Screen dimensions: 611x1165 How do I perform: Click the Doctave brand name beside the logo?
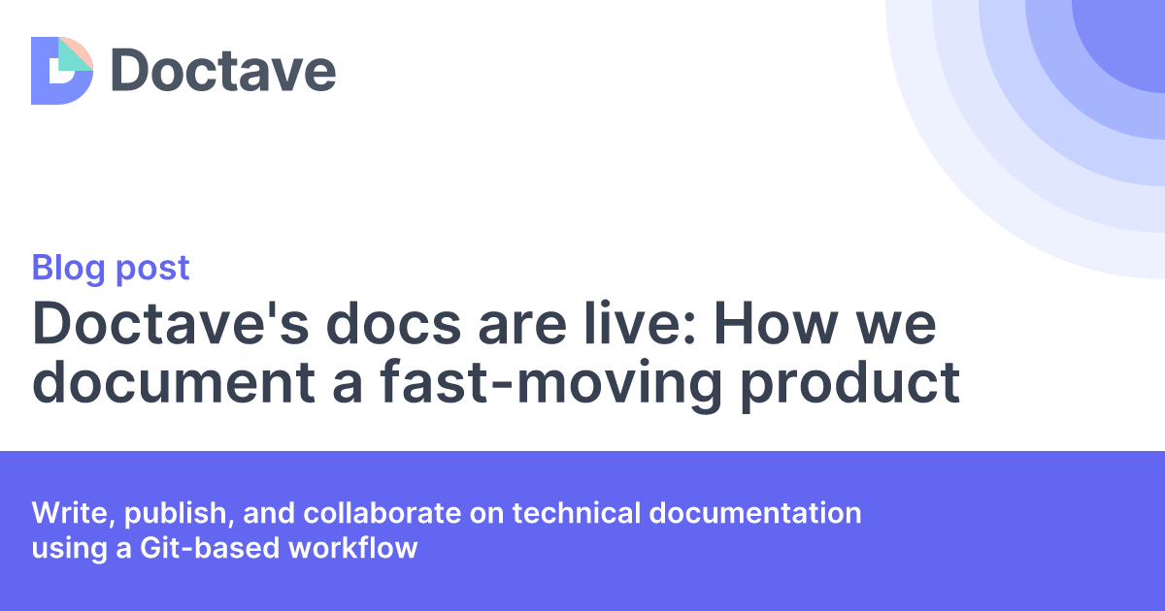point(222,70)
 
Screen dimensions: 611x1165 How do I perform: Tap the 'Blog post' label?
point(111,268)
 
